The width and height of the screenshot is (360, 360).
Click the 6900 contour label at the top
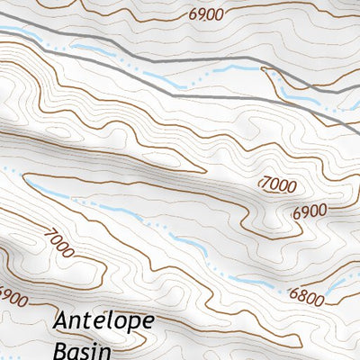(206, 14)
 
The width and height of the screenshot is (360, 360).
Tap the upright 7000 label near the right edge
(278, 184)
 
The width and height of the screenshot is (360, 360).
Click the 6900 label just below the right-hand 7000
(310, 213)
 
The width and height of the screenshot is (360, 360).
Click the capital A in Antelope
(62, 321)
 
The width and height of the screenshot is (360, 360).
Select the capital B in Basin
(61, 349)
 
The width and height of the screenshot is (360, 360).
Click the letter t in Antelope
(86, 322)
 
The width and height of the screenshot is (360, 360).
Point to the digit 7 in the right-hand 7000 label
(264, 184)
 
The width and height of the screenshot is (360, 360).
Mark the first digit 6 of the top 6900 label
(193, 14)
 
